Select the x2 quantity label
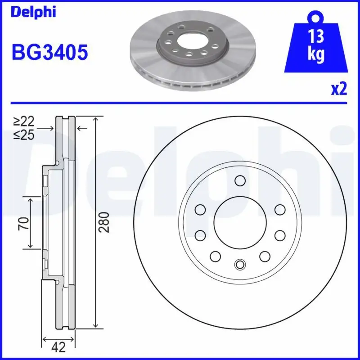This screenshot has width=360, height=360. (339, 90)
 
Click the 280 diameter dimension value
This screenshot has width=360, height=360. (104, 222)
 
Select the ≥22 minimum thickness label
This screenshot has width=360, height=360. (23, 121)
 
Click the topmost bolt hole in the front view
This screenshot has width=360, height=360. (239, 181)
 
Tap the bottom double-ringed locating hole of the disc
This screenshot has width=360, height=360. (239, 265)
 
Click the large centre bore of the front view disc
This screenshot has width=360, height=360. (239, 222)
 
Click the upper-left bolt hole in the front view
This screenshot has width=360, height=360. (199, 210)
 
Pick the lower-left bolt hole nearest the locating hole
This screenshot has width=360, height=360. (215, 256)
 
